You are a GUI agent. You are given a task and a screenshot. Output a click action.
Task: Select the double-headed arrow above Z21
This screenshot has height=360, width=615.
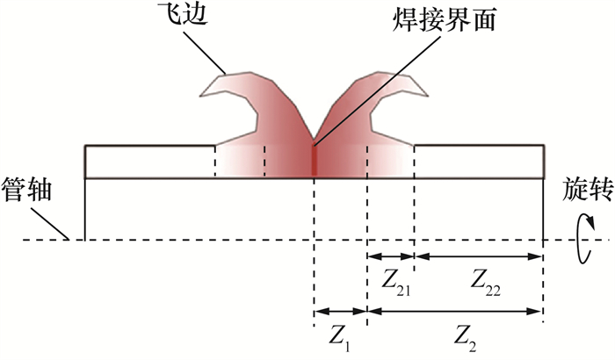pyautogui.click(x=391, y=256)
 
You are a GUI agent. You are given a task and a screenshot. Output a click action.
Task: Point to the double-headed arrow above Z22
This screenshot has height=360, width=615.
pyautogui.click(x=479, y=256)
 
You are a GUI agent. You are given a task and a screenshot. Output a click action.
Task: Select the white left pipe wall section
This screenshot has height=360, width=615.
pyautogui.click(x=149, y=162)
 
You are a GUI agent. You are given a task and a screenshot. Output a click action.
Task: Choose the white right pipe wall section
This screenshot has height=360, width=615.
pyautogui.click(x=479, y=162)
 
